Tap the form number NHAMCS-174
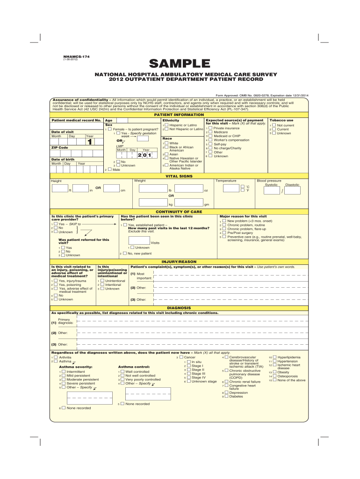(76, 56)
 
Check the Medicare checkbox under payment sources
(210, 132)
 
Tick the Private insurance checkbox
(210, 128)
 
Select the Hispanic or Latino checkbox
(166, 125)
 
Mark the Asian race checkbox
(166, 154)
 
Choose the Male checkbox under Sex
(109, 169)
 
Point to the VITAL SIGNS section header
(180, 176)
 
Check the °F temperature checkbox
(242, 190)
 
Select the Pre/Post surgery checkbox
(223, 232)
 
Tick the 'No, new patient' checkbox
(124, 253)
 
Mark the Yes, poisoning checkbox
(56, 284)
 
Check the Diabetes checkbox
(226, 396)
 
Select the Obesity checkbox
(274, 372)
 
